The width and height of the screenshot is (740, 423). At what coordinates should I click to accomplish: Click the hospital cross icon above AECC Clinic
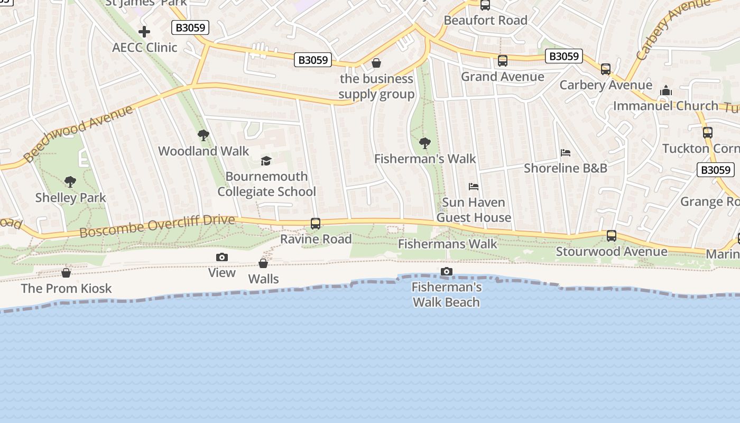point(144,32)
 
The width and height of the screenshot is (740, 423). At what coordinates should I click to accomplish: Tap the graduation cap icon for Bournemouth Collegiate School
point(266,161)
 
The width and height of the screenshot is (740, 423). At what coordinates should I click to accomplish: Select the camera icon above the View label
point(222,258)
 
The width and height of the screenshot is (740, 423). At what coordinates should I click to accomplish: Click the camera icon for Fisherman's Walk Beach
point(447,272)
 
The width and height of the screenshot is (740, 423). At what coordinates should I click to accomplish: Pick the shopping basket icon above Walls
point(263,263)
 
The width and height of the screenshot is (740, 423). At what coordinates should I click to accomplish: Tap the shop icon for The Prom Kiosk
point(66,273)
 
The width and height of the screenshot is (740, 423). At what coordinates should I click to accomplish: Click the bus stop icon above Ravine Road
point(316,224)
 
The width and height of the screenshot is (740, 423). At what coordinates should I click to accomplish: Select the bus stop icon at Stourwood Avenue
point(612,236)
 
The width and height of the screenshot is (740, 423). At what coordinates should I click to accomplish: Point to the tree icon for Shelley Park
point(70,182)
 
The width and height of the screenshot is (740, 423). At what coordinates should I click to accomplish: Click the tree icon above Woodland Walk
point(203,135)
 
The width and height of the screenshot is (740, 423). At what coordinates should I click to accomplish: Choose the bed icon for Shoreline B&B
point(566,153)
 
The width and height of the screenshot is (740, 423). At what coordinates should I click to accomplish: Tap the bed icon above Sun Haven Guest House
point(474,187)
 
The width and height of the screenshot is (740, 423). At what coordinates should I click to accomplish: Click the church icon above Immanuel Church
point(666,90)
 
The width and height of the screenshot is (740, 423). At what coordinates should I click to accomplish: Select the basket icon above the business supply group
point(376,63)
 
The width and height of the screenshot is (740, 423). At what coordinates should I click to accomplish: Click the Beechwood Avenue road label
point(78,133)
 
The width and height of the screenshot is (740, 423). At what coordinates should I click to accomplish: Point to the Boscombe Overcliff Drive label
point(157,226)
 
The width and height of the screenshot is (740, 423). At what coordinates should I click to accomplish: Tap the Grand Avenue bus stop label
point(502,77)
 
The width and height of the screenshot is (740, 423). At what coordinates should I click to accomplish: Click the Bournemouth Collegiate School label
point(267,184)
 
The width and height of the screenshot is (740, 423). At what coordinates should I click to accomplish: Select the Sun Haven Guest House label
point(474,210)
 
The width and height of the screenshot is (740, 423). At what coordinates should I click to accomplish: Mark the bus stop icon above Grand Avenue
point(502,61)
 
